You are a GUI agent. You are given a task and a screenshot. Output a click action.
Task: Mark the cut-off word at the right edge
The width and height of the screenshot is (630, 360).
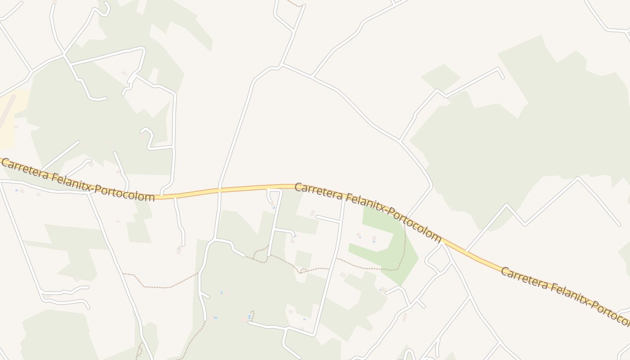(612, 313)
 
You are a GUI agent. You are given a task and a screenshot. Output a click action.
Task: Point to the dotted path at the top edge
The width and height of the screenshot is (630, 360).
(295, 4)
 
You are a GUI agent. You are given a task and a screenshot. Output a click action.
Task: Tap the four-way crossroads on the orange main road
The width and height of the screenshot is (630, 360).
(220, 190)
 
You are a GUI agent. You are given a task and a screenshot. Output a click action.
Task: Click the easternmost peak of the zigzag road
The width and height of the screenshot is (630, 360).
(578, 178)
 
